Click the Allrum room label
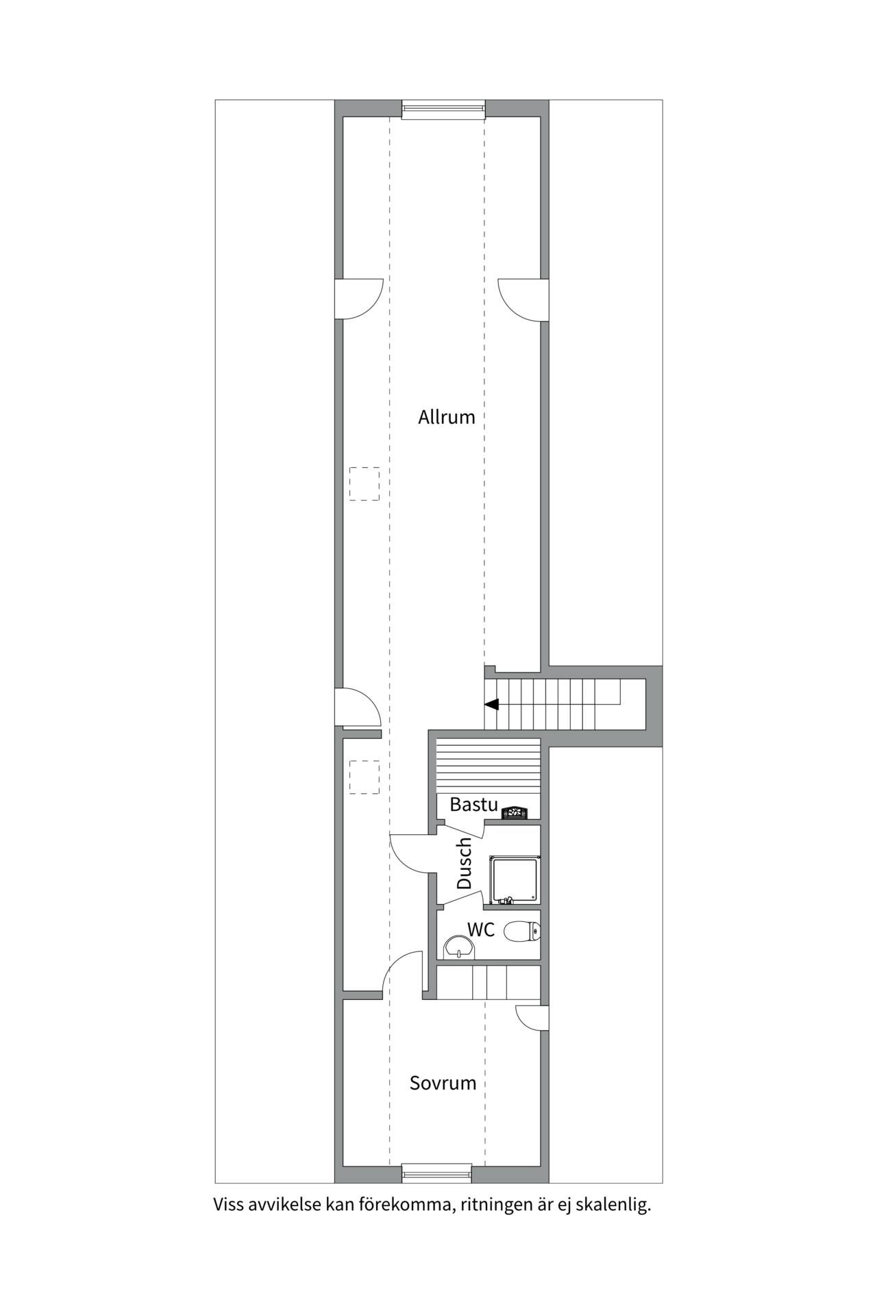click(446, 417)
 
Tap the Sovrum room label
click(443, 1083)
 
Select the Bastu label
click(473, 804)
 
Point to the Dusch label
click(465, 863)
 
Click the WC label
click(481, 929)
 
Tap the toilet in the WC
click(522, 931)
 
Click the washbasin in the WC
click(458, 948)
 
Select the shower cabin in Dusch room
click(514, 879)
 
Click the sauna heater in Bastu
click(515, 813)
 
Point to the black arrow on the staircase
click(492, 704)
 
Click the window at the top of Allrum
click(443, 109)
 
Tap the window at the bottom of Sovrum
click(436, 1173)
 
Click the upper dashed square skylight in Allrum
click(364, 484)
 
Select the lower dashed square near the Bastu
click(364, 777)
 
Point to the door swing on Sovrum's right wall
click(532, 1017)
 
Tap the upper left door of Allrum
click(358, 299)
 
